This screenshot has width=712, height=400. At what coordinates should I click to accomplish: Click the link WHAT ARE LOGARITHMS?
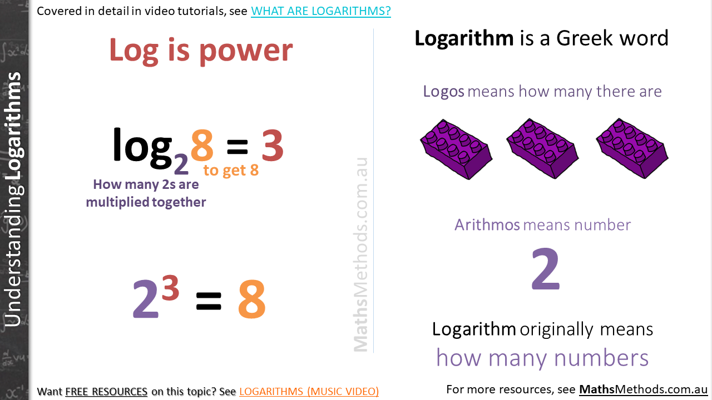pyautogui.click(x=320, y=11)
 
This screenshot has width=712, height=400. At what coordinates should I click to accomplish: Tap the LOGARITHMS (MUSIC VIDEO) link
pyautogui.click(x=309, y=392)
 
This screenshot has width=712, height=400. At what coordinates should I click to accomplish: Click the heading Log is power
pyautogui.click(x=201, y=51)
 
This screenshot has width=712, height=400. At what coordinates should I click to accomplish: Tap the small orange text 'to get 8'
pyautogui.click(x=231, y=170)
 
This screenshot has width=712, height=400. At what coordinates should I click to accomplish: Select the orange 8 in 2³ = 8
pyautogui.click(x=251, y=301)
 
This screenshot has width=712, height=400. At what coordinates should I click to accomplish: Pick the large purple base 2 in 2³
pyautogui.click(x=145, y=301)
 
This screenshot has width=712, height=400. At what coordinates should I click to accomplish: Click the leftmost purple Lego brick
pyautogui.click(x=456, y=148)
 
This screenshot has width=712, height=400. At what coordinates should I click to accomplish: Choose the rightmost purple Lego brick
pyautogui.click(x=632, y=148)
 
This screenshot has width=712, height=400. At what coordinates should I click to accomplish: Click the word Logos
pyautogui.click(x=443, y=91)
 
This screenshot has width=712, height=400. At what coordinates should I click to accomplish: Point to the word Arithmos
pyautogui.click(x=487, y=224)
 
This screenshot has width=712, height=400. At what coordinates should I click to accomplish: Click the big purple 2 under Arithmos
pyautogui.click(x=545, y=270)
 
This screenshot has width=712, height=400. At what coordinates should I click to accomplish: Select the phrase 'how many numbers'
pyautogui.click(x=542, y=358)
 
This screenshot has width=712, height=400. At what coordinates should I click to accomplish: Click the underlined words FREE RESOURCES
pyautogui.click(x=106, y=392)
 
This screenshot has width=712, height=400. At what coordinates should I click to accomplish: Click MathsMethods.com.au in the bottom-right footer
pyautogui.click(x=643, y=389)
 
